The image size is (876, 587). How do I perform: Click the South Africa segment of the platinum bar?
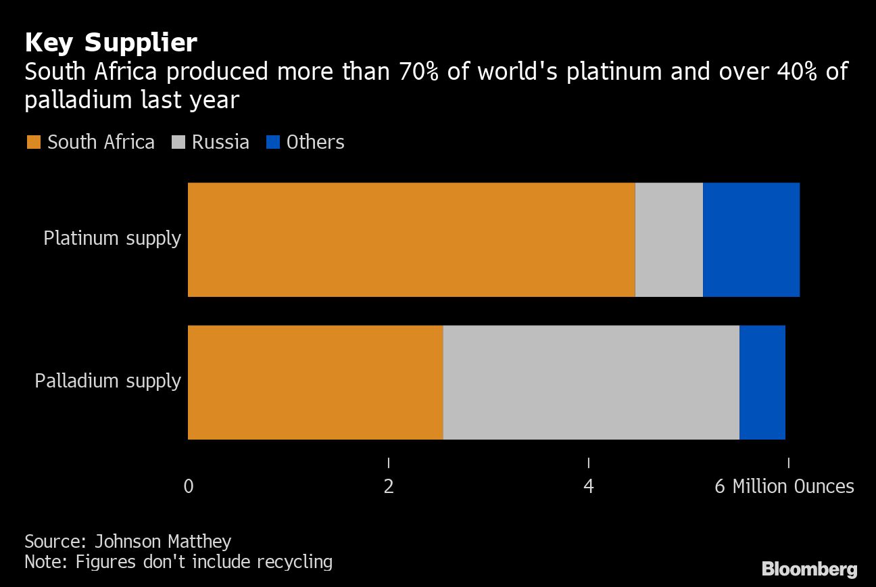tap(411, 239)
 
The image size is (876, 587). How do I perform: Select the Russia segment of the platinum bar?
tap(668, 239)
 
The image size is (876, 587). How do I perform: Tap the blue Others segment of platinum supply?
tap(751, 239)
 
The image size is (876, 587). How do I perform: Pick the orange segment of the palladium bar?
tap(315, 382)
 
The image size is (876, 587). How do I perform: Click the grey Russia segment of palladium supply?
tap(591, 382)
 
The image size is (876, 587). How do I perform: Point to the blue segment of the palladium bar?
tap(762, 382)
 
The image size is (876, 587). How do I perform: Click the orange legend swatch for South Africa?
tap(33, 143)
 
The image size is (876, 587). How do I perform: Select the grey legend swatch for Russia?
tap(178, 143)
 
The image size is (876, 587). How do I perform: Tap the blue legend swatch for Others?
tap(272, 143)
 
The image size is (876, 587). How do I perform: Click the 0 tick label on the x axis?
tap(189, 487)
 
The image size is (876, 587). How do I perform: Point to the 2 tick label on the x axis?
tap(389, 487)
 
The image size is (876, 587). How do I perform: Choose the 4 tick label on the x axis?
tap(589, 487)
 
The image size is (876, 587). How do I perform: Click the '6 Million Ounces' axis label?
tap(784, 487)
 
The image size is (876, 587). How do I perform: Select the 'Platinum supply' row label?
tap(112, 239)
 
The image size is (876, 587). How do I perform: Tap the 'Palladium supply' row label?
tap(107, 381)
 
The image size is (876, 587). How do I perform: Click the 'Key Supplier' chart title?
tap(111, 43)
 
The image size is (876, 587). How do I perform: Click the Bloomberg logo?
tap(809, 569)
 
